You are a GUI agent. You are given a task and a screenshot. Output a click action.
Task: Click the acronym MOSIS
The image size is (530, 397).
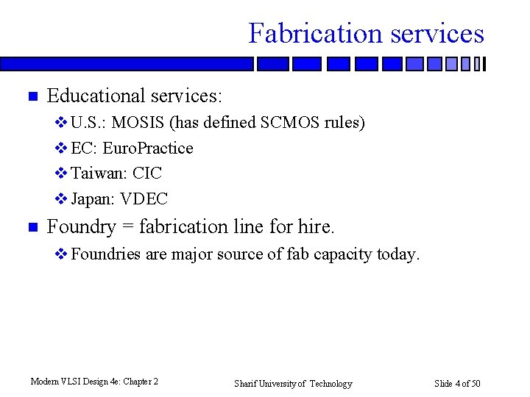[138, 123]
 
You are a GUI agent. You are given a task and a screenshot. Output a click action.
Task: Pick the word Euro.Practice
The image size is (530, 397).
[148, 149]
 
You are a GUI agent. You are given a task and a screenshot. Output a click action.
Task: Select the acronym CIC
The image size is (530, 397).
[146, 174]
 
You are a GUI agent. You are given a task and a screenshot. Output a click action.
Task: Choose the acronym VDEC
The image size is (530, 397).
[144, 199]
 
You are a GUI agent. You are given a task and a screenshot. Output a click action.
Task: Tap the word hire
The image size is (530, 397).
[315, 227]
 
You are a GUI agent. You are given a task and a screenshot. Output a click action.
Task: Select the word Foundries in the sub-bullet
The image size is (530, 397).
[106, 255]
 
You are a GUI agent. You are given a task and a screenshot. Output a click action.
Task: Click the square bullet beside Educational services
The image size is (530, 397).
[31, 96]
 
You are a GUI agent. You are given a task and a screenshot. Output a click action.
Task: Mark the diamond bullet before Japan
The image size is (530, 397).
[61, 199]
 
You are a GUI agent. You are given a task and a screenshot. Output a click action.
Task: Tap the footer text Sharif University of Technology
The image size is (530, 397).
[293, 384]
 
